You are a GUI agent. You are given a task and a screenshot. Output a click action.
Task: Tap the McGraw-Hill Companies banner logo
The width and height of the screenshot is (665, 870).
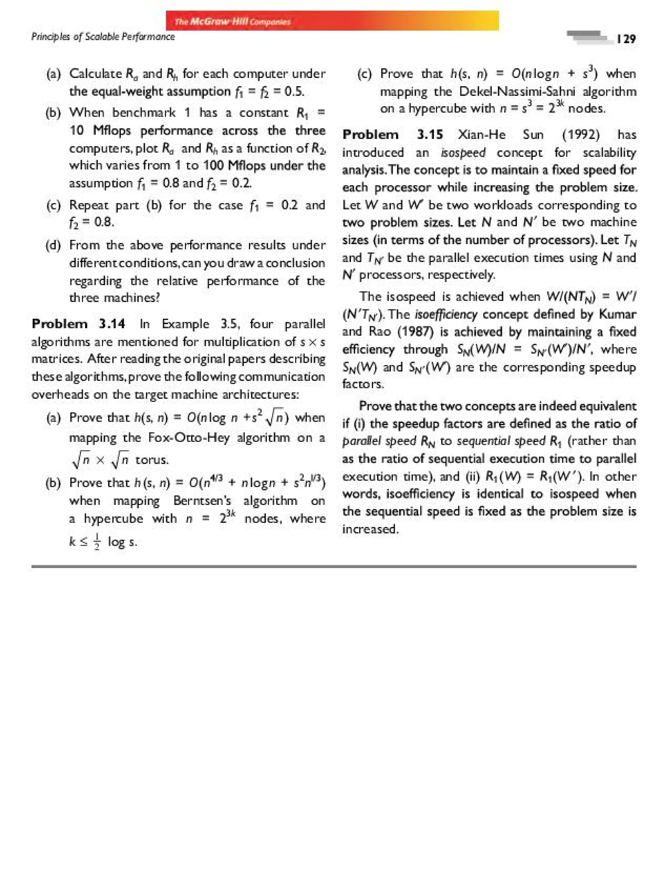[x=233, y=21]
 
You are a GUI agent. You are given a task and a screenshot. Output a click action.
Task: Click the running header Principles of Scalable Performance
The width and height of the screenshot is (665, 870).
[x=103, y=37]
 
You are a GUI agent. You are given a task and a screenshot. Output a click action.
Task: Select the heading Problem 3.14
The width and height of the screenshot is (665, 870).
[x=78, y=324]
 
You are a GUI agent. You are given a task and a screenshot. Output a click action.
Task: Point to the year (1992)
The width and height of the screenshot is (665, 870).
[x=581, y=135]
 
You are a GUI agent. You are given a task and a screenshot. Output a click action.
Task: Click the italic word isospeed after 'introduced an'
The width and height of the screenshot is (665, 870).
[x=463, y=152]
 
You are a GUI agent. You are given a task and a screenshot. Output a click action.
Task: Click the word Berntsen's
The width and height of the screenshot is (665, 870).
[x=202, y=501]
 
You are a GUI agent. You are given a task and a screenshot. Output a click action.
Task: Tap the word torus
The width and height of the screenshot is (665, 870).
[x=152, y=460]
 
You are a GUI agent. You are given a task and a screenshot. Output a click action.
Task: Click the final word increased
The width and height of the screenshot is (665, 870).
[x=370, y=529]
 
